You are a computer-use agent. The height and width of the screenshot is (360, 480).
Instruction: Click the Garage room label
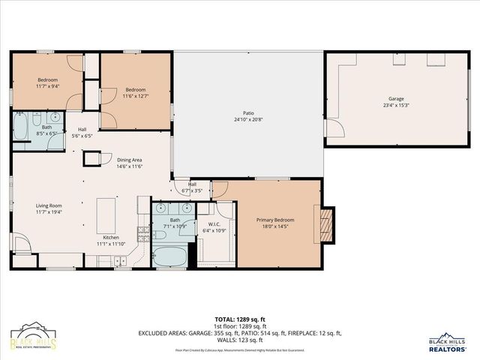pyautogui.click(x=395, y=98)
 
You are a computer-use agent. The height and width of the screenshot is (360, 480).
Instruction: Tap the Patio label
pyautogui.click(x=248, y=112)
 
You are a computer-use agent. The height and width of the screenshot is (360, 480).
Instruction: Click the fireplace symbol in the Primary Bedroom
pyautogui.click(x=325, y=223)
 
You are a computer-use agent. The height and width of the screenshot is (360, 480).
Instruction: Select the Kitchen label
pyautogui.click(x=111, y=236)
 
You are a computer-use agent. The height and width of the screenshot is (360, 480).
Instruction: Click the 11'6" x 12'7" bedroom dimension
pyautogui.click(x=135, y=95)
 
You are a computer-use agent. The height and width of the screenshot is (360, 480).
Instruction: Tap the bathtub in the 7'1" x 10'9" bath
pyautogui.click(x=170, y=256)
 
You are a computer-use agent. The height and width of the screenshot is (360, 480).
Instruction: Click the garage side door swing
pyautogui.click(x=334, y=128)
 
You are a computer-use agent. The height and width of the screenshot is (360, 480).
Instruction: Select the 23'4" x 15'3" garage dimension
pyautogui.click(x=395, y=104)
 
